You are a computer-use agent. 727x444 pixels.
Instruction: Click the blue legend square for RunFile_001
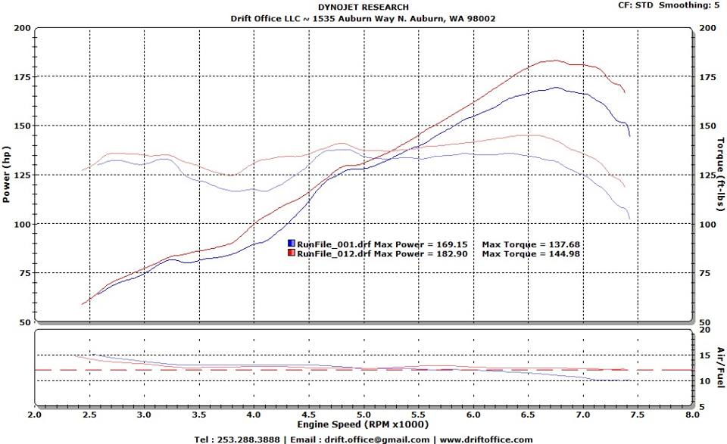point(291,244)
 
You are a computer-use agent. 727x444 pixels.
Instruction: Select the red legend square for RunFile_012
point(291,253)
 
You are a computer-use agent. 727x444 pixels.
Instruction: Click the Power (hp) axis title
point(6,174)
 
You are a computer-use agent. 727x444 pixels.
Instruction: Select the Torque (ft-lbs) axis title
point(720,174)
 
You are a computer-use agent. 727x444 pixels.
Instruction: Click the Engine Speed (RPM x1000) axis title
point(363,424)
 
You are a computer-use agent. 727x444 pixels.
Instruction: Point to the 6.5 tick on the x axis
point(527,415)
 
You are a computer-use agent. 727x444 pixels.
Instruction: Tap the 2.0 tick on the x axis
point(35,415)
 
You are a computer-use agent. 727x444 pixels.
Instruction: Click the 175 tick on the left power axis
point(22,77)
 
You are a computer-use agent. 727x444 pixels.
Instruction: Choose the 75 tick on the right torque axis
point(704,273)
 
